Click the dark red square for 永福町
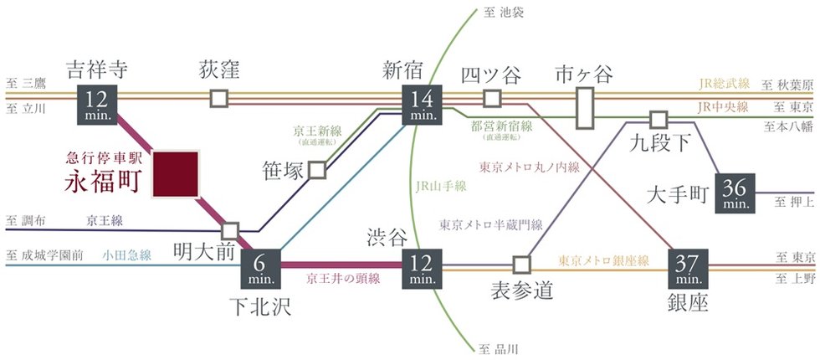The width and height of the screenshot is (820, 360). coord(175,174)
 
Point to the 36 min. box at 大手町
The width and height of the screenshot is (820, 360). coord(736,193)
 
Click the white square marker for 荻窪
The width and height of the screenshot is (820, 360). coord(219,98)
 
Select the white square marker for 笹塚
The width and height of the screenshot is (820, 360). coord(317,170)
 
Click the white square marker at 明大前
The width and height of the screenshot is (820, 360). coord(231,229)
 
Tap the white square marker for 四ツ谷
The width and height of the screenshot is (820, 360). coord(492,98)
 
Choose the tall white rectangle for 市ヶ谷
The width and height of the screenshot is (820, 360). coord(585,107)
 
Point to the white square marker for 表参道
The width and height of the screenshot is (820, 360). coord(522,264)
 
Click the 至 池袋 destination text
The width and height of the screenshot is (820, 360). coord(501,13)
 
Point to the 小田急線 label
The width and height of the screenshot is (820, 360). coord(127,255)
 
